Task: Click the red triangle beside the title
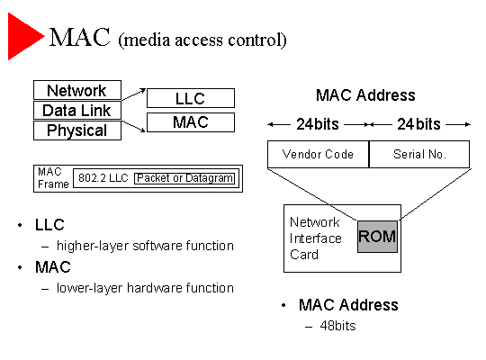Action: [22, 36]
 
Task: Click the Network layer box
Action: [77, 90]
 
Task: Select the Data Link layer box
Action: [77, 110]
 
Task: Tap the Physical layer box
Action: [77, 130]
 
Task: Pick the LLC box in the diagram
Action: [191, 98]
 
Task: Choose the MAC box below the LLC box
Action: [191, 122]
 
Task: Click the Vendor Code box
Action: [318, 155]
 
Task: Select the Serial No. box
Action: [419, 155]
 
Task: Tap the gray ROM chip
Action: [377, 237]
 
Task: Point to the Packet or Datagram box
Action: [184, 178]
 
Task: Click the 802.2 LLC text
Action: [103, 178]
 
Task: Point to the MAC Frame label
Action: [53, 178]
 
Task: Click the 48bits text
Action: [337, 326]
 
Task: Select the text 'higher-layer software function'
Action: [145, 246]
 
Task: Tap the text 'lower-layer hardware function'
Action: [145, 288]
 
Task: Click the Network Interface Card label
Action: [316, 238]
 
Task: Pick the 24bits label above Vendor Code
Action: [318, 124]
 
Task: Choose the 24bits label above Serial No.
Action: [418, 124]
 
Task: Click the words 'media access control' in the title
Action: [202, 40]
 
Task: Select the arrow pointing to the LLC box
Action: [133, 94]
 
